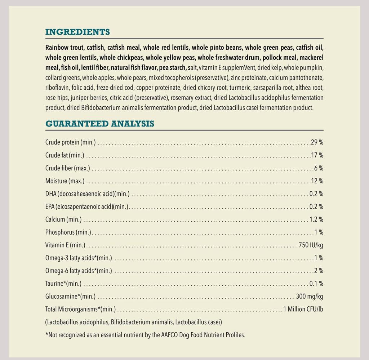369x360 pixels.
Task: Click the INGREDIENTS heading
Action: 77,32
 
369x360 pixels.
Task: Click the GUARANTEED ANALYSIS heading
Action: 99,124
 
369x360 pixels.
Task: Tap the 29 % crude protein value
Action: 317,142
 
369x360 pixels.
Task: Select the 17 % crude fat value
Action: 317,155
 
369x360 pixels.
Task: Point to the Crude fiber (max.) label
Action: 68,168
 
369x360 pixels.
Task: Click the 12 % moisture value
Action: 317,181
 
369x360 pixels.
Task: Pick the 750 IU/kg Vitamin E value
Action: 311,245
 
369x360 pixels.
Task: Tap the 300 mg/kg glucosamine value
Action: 310,297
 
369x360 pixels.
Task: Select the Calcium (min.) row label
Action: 63,219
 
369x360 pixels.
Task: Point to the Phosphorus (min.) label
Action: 68,232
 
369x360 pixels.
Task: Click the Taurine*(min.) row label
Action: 63,284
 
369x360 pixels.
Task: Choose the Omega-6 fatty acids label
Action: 79,271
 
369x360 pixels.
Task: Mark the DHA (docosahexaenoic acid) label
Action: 87,194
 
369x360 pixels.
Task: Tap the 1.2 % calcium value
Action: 316,219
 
